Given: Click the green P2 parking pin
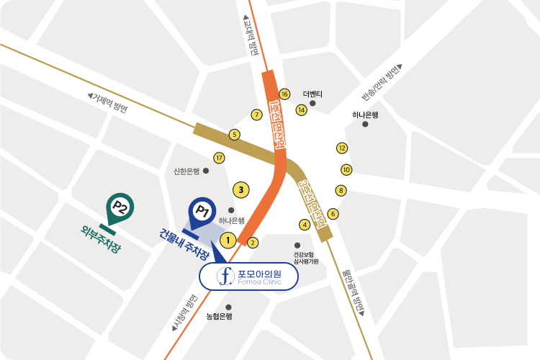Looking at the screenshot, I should (120, 208).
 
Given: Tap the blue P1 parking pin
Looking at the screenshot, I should (202, 211).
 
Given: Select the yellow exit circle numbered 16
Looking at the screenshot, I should (284, 94).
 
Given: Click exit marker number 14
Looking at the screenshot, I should (302, 109).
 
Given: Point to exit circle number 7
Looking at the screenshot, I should (256, 114).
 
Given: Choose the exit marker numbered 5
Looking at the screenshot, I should (234, 134).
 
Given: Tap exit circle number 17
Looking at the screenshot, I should (220, 158).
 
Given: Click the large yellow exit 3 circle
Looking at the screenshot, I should (242, 190).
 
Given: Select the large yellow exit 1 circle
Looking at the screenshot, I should (228, 240).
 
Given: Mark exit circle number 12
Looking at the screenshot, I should (342, 148).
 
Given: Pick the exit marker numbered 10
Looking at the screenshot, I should (346, 170).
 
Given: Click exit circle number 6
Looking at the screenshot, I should (333, 214).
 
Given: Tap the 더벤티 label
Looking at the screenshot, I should (312, 94).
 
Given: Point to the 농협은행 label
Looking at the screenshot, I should (219, 316).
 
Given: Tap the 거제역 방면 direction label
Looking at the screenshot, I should (107, 103).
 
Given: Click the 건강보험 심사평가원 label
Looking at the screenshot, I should (306, 258).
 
